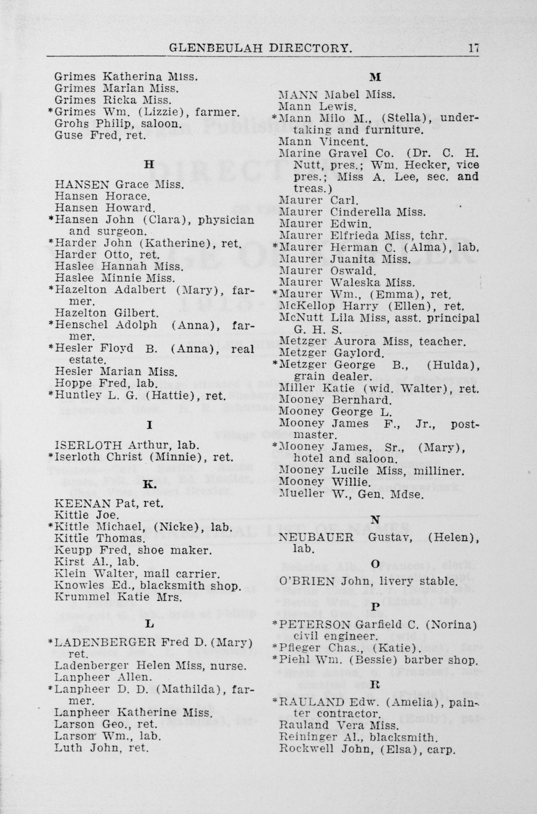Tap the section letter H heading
pos(150,165)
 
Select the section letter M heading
pos(375,77)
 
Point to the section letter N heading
pos(375,520)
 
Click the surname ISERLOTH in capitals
pos(89,445)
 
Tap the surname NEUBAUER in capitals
pos(316,537)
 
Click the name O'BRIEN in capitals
pos(307,582)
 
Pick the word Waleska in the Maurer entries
pos(351,283)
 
